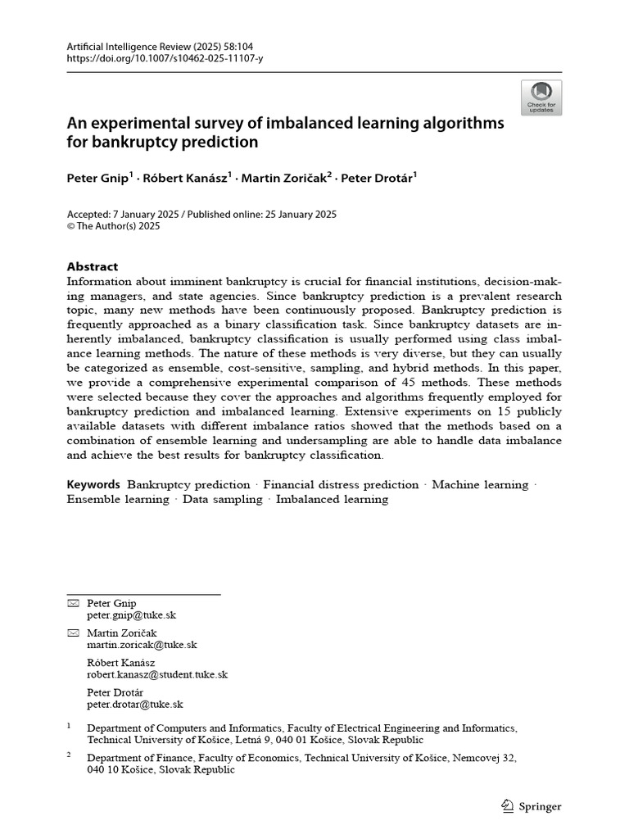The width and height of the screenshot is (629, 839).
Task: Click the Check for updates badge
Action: click(x=541, y=98)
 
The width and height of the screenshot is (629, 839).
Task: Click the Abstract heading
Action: click(x=92, y=266)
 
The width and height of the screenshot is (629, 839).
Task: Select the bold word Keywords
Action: click(x=93, y=485)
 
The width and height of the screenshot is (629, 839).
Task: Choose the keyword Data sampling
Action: click(x=223, y=499)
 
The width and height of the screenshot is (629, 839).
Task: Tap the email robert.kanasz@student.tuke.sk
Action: click(x=157, y=674)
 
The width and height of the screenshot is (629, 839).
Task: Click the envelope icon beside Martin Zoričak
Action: click(x=73, y=633)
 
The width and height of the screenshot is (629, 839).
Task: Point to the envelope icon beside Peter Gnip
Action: click(x=73, y=603)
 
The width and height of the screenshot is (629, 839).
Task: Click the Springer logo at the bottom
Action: click(x=531, y=806)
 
